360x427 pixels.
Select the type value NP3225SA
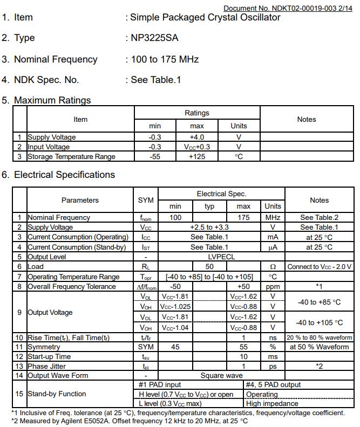[155, 38]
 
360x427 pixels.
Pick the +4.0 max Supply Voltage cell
[196, 137]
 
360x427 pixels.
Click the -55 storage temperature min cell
[155, 156]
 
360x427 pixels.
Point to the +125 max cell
[196, 156]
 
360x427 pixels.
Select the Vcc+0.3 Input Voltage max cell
[196, 147]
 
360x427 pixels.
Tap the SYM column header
[146, 200]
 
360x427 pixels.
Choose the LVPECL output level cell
[221, 257]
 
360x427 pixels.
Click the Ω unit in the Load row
[273, 266]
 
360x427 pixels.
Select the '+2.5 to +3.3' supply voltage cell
[209, 227]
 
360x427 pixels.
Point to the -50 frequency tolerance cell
[175, 286]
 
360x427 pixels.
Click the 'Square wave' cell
[221, 375]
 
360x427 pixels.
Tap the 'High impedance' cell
[272, 403]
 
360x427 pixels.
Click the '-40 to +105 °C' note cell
[320, 322]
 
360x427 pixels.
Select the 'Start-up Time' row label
[49, 356]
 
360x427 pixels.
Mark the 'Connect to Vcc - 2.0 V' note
[320, 266]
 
